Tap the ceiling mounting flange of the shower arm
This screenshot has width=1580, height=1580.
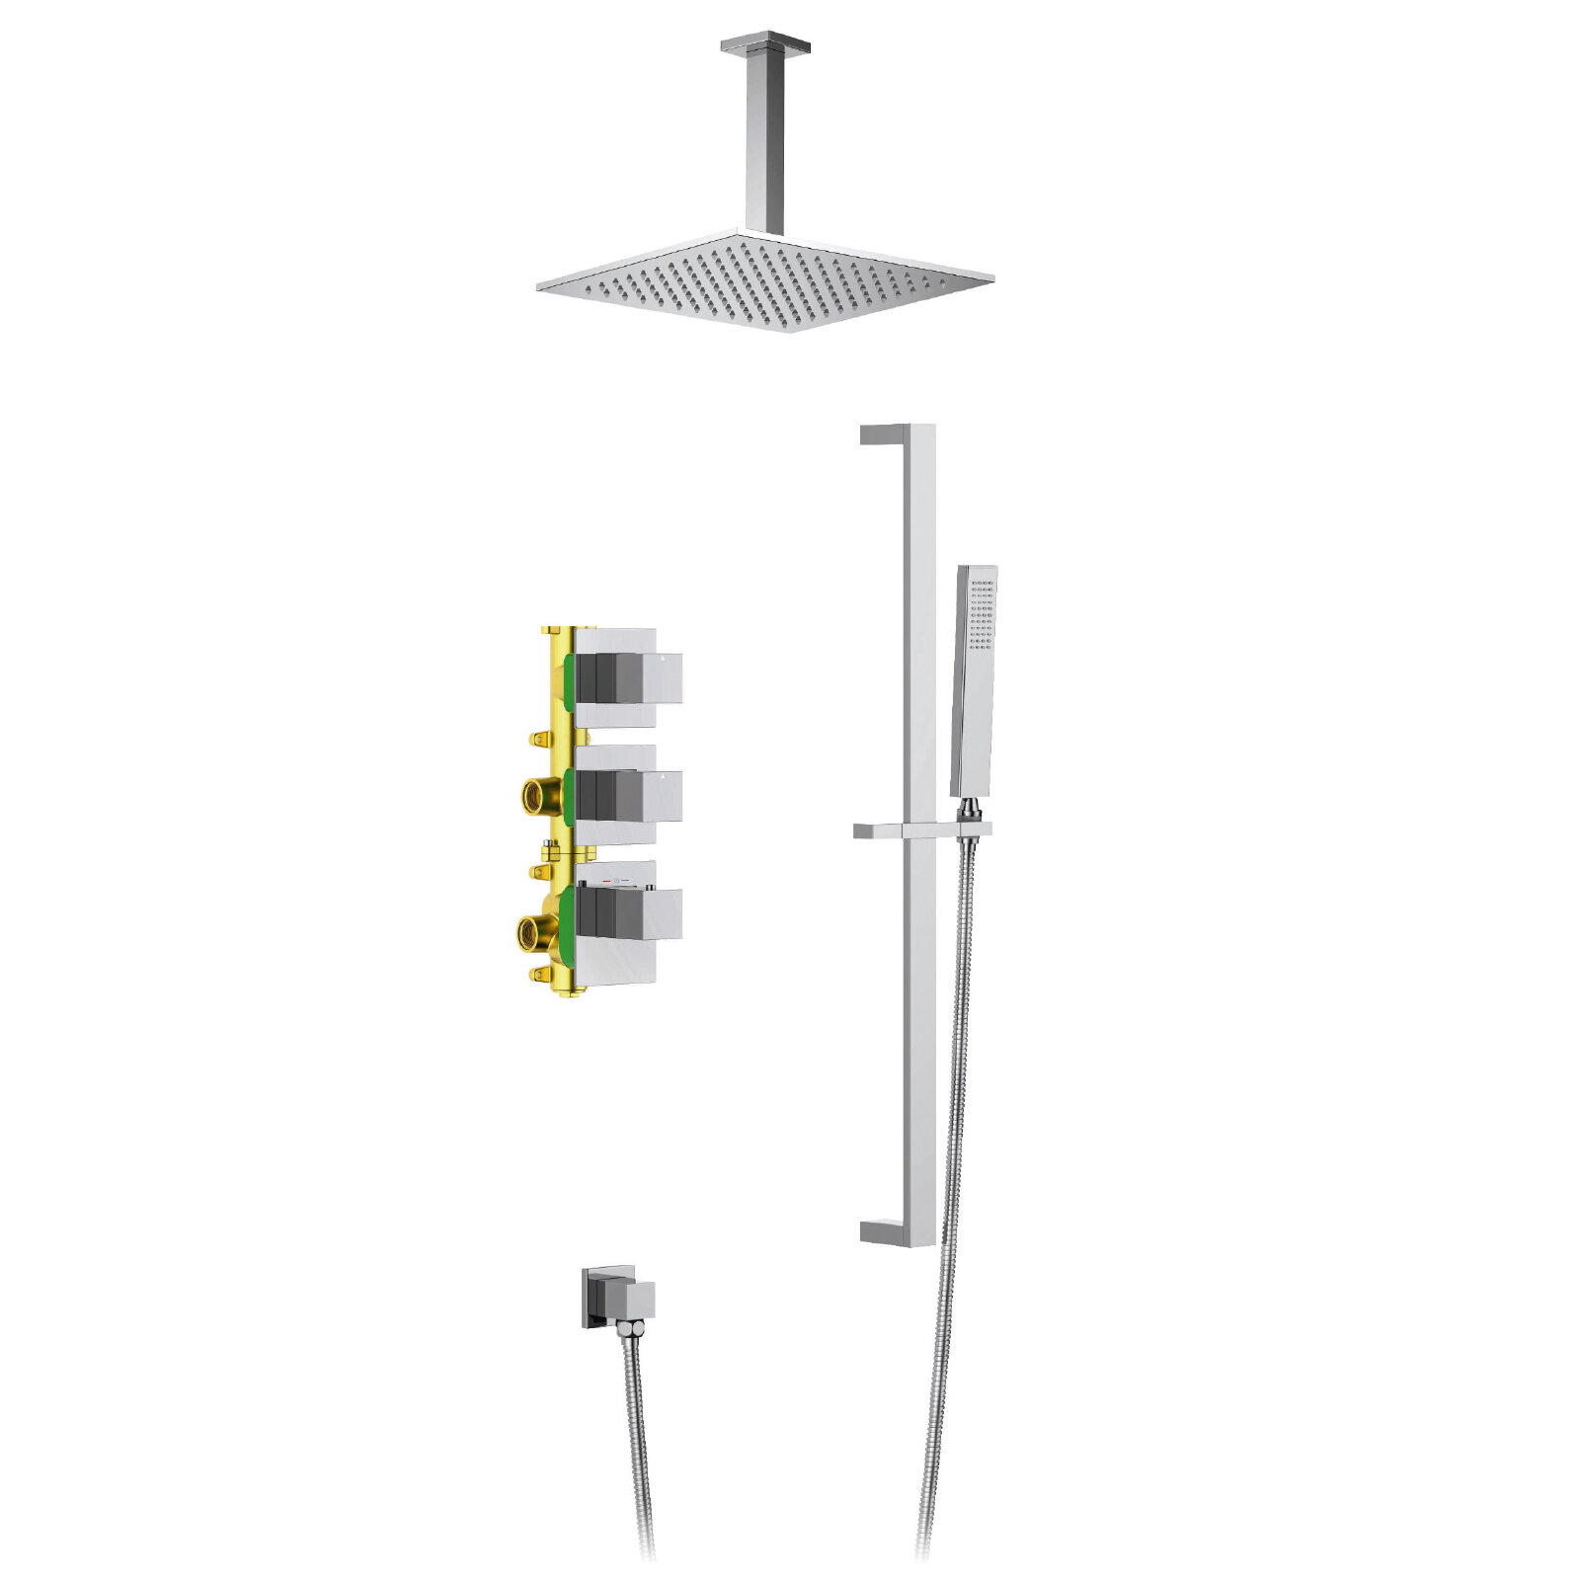point(765,44)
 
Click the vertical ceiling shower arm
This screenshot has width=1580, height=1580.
point(765,138)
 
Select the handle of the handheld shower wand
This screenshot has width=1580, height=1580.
point(972,731)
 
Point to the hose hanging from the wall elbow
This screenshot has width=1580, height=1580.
point(637,1432)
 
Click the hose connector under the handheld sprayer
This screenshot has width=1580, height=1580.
point(971,812)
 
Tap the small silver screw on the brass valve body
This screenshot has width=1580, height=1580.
point(547,845)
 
